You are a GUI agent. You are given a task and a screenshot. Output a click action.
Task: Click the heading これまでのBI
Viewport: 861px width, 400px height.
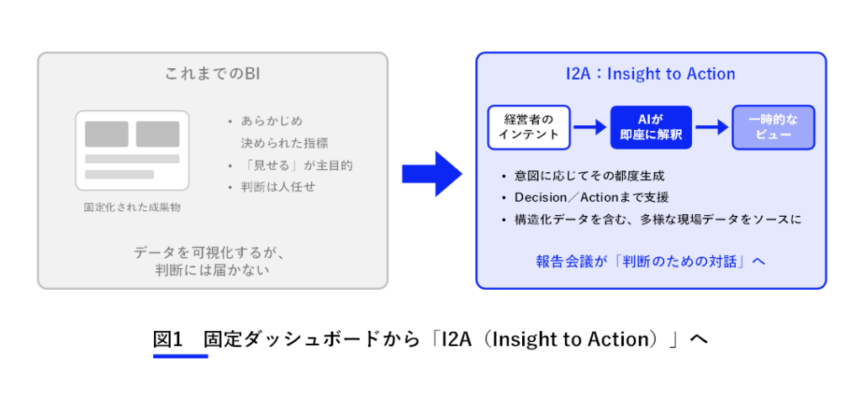(x=212, y=73)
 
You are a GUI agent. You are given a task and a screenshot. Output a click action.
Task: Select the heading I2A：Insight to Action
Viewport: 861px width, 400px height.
(x=651, y=73)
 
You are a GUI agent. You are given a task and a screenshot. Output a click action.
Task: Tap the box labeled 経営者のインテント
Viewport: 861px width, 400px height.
(x=530, y=127)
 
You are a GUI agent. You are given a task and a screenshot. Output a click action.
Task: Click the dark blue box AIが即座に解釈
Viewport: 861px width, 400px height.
(x=652, y=127)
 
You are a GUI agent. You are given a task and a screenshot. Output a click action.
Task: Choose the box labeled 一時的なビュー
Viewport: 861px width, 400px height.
(x=774, y=127)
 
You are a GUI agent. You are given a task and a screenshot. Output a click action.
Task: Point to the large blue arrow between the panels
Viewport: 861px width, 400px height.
(x=432, y=174)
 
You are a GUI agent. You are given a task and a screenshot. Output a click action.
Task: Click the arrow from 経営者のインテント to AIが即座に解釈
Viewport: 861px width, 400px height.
(x=590, y=127)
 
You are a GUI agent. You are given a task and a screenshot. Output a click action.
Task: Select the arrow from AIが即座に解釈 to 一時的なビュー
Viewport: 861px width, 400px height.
(x=711, y=127)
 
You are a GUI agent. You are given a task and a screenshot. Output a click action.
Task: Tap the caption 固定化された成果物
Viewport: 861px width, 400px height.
(x=132, y=208)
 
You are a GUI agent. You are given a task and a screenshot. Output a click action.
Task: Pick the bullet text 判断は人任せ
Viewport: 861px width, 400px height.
(x=277, y=187)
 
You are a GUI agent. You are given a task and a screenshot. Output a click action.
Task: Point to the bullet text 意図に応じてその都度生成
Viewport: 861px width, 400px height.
(x=589, y=176)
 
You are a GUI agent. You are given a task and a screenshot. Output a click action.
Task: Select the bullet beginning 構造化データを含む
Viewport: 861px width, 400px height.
(x=658, y=219)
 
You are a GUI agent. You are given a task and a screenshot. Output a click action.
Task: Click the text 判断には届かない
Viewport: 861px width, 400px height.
(x=213, y=270)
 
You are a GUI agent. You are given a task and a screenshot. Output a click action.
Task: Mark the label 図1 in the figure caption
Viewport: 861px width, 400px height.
(x=168, y=339)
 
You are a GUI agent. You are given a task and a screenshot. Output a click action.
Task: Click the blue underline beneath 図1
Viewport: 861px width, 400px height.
(x=181, y=356)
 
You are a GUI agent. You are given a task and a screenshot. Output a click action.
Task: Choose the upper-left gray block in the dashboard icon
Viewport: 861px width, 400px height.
(x=107, y=134)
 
